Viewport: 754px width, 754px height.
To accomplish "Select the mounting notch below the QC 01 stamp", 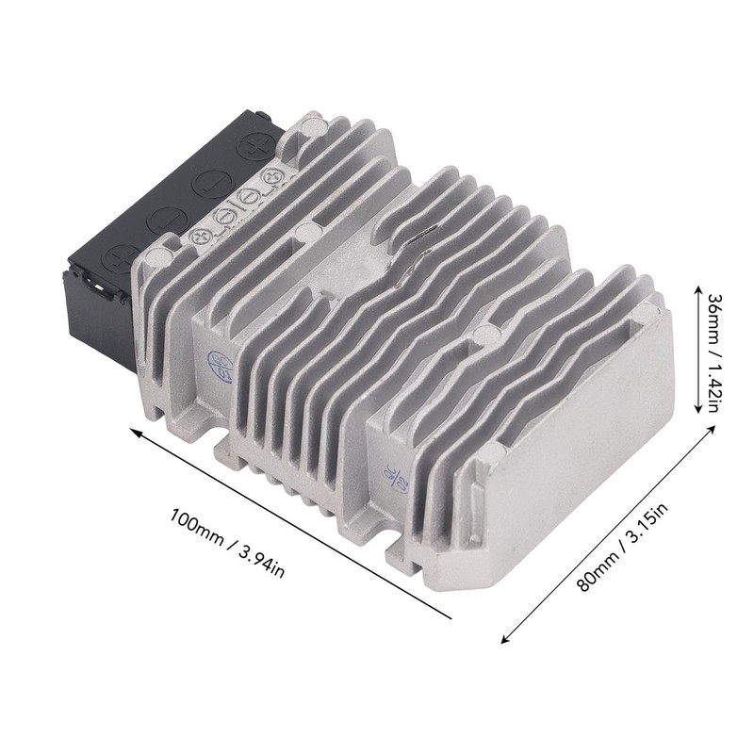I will point(221,439).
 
